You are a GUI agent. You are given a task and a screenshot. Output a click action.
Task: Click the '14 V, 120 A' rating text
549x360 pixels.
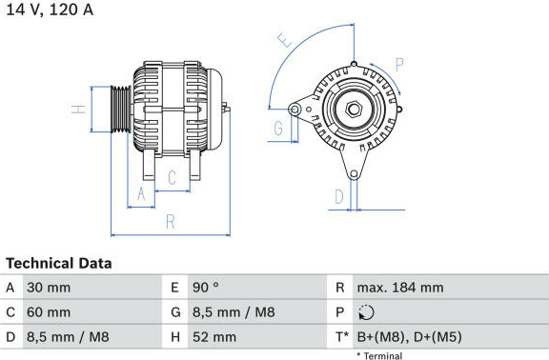pyautogui.click(x=50, y=10)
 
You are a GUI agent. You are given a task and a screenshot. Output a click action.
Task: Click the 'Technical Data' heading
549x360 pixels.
pyautogui.click(x=59, y=264)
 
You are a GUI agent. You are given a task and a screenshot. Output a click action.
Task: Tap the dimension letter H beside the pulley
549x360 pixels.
pyautogui.click(x=78, y=110)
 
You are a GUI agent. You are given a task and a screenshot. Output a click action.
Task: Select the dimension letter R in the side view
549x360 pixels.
pyautogui.click(x=171, y=222)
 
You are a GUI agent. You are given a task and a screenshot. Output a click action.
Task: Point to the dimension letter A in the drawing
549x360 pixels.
pyautogui.click(x=141, y=194)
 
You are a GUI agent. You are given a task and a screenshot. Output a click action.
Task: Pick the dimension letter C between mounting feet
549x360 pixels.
pyautogui.click(x=172, y=178)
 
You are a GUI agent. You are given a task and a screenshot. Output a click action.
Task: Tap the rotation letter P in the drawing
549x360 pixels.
pyautogui.click(x=399, y=65)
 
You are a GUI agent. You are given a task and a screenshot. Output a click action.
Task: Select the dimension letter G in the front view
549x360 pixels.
pyautogui.click(x=278, y=128)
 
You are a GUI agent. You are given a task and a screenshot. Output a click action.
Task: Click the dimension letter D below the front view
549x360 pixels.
pyautogui.click(x=339, y=196)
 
